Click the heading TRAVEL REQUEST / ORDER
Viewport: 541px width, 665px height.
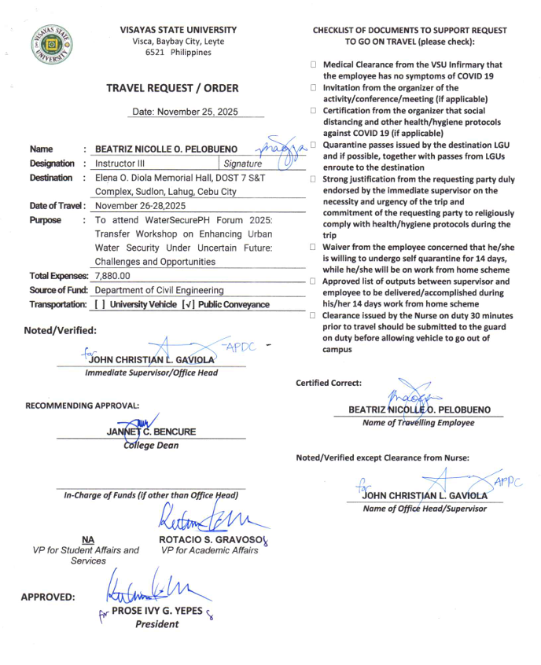coord(172,88)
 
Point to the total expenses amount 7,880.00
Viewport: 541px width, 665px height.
coord(112,276)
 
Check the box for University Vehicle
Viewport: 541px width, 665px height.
coord(100,304)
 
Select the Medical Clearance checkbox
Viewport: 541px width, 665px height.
coord(313,65)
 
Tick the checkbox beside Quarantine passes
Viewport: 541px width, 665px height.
coord(313,145)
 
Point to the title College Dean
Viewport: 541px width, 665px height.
coord(151,446)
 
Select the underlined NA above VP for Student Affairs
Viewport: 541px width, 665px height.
coord(88,540)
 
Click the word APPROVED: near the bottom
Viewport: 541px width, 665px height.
coord(49,597)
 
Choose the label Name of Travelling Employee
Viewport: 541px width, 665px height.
coord(418,423)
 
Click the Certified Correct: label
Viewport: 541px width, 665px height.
coord(329,383)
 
